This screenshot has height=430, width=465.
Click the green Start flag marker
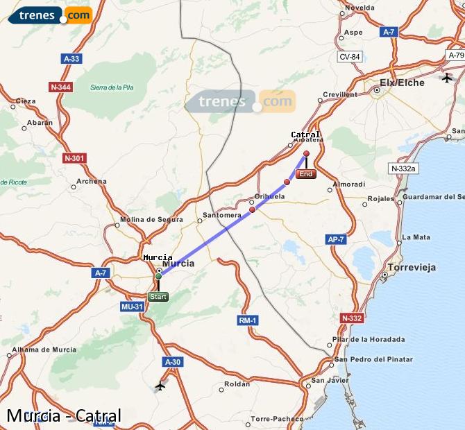158,297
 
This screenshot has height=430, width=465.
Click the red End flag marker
306,174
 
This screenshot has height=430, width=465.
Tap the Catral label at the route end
305,135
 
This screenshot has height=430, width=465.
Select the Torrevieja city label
414,266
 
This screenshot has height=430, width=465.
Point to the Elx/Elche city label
402,82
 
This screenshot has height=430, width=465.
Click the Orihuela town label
269,196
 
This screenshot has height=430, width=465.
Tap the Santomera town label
221,215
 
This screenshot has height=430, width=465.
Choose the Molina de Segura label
151,220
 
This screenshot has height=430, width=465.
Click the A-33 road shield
71,59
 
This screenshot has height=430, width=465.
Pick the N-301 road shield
74,158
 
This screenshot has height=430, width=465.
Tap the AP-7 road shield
336,239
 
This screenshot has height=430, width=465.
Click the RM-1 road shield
248,320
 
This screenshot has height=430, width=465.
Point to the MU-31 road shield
132,306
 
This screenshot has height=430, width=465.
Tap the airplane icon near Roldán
161,386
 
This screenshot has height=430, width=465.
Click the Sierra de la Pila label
112,87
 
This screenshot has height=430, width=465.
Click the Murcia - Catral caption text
64,416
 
